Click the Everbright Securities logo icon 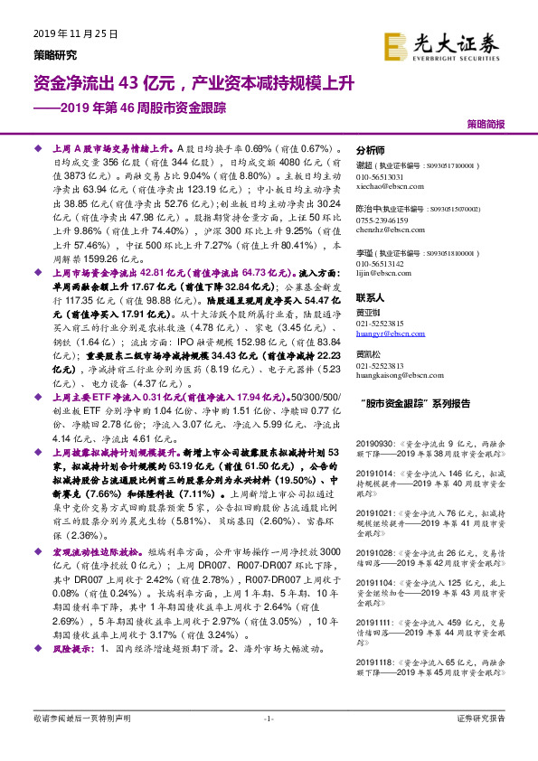click(394, 44)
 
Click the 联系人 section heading click(371, 297)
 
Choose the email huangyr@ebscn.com click(390, 334)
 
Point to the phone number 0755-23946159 click(382, 221)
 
